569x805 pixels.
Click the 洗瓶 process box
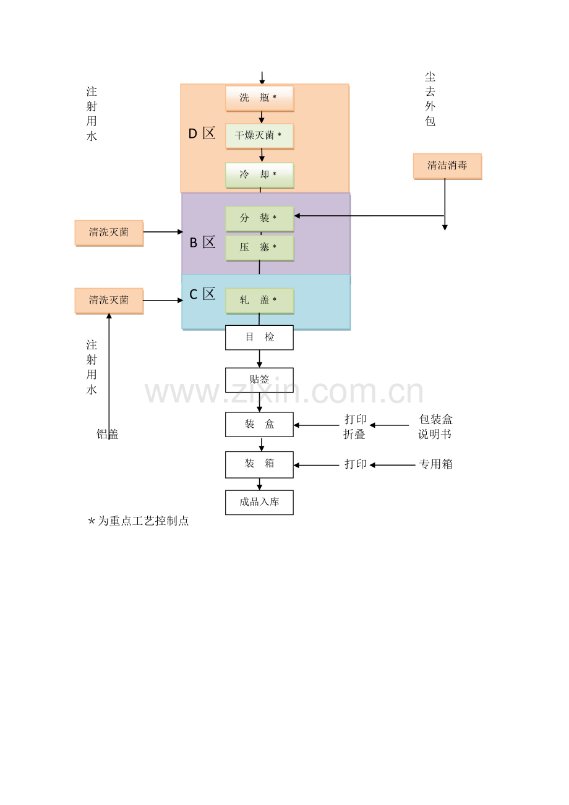click(260, 98)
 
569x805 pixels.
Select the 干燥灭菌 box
click(260, 136)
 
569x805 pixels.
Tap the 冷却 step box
click(260, 175)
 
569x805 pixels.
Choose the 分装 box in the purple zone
click(260, 218)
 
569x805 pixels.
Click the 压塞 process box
click(260, 247)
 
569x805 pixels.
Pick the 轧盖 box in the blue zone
click(260, 300)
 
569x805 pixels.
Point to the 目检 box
click(259, 338)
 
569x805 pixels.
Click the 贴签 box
click(259, 380)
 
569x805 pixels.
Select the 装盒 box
click(259, 424)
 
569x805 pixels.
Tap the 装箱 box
click(259, 464)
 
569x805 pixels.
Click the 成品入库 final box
click(259, 503)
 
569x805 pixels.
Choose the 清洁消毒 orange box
click(447, 166)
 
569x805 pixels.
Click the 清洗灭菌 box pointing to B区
click(109, 233)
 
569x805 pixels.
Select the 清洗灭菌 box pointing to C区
click(109, 301)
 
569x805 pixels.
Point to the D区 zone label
click(202, 134)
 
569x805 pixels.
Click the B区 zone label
click(202, 242)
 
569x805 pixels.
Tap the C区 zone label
click(202, 294)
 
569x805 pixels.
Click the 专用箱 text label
click(435, 464)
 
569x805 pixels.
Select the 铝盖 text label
click(108, 434)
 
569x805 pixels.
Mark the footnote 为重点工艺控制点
click(143, 521)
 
